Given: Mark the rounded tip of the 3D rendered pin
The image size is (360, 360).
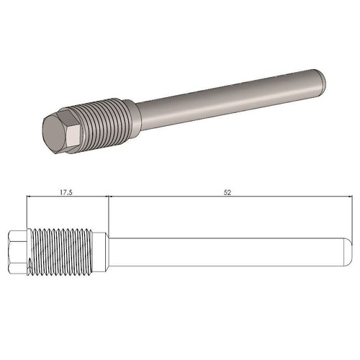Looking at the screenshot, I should [323, 76].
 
